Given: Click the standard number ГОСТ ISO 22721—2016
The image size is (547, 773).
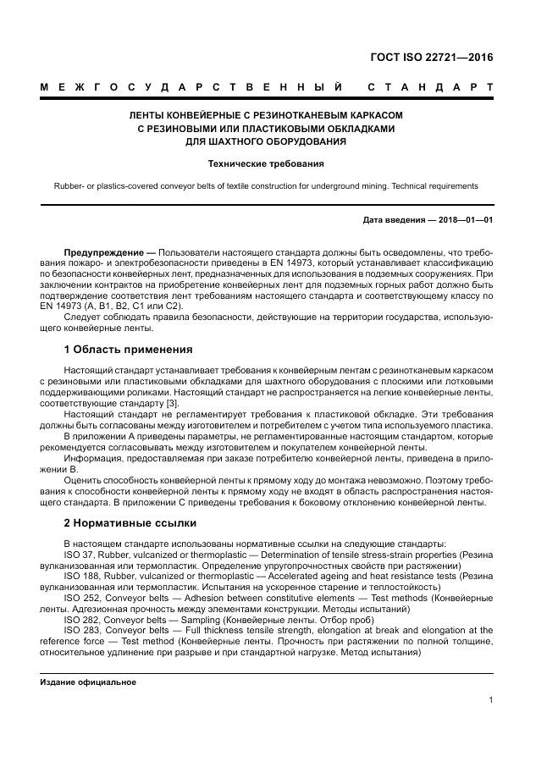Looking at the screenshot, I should pos(431,58).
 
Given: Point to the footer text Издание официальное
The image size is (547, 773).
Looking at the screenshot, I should pos(88,682).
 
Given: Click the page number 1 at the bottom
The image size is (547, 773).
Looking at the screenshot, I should pos(491,700).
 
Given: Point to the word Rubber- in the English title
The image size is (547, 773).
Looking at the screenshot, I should pos(70,185).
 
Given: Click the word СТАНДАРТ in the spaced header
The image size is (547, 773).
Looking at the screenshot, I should pos(430,87).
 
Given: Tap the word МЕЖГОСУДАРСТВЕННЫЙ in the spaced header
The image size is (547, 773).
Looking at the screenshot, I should pos(191,87).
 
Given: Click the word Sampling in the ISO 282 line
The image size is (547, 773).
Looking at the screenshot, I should pos(191,619).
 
